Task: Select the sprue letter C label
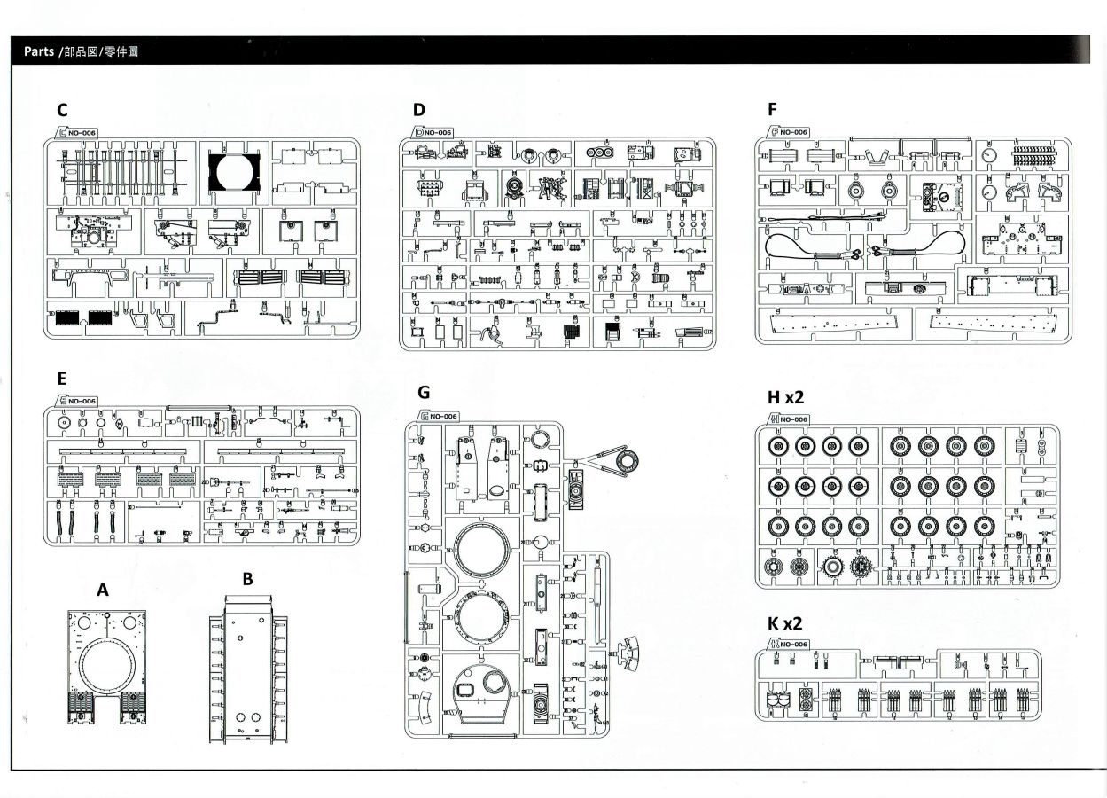point(61,110)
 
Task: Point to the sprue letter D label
point(419,110)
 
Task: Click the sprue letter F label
point(772,110)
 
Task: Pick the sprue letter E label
point(61,379)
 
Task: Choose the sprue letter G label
point(423,392)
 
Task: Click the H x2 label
point(785,397)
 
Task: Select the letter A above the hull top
point(103,589)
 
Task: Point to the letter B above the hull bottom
point(248,579)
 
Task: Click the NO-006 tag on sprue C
point(81,133)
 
